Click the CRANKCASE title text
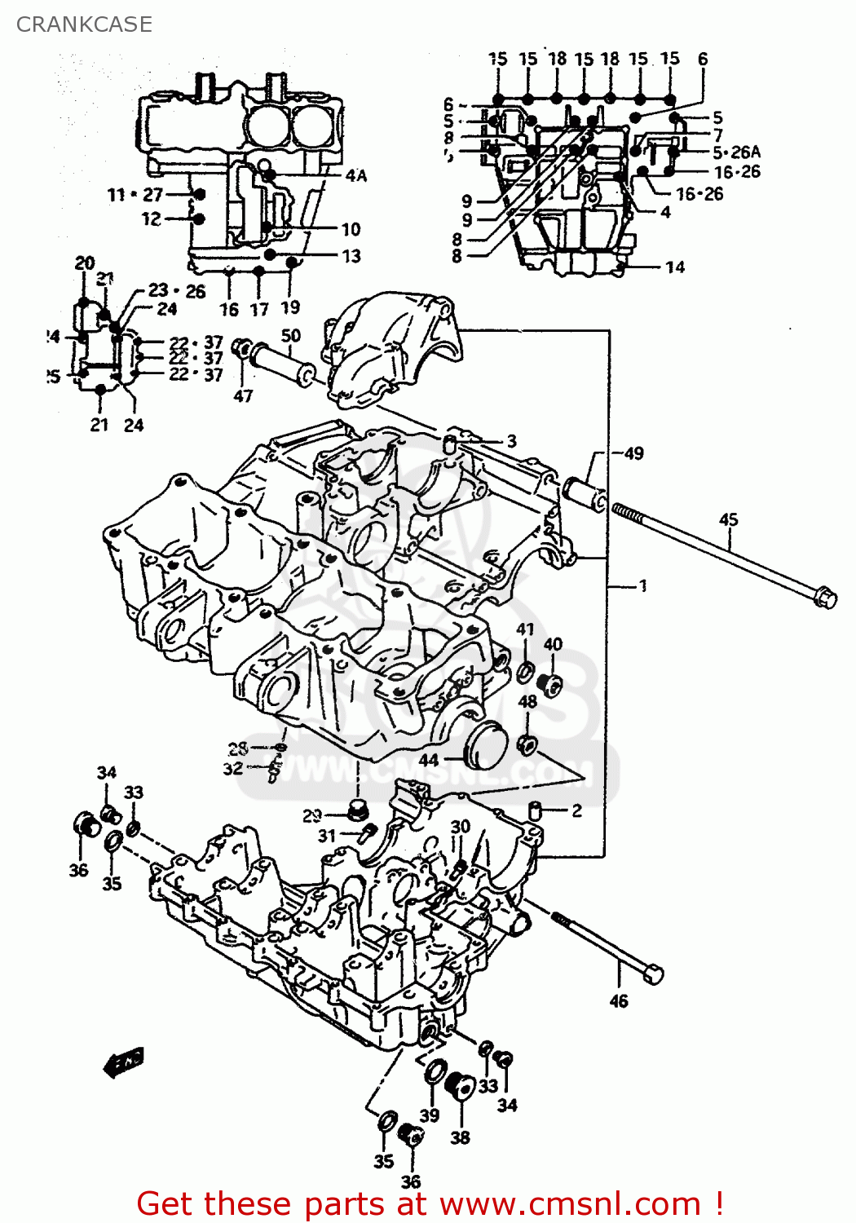point(84,24)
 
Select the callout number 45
point(728,519)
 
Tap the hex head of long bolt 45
point(825,597)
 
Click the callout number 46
point(619,1000)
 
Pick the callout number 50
point(290,335)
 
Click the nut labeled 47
point(241,348)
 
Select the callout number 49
point(633,453)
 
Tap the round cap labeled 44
point(485,743)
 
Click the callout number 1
point(642,585)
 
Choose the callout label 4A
point(356,175)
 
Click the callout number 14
point(675,267)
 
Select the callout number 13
point(351,256)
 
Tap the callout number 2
point(576,810)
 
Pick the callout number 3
point(511,441)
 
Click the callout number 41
point(525,629)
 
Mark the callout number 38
point(460,1137)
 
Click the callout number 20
point(85,263)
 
